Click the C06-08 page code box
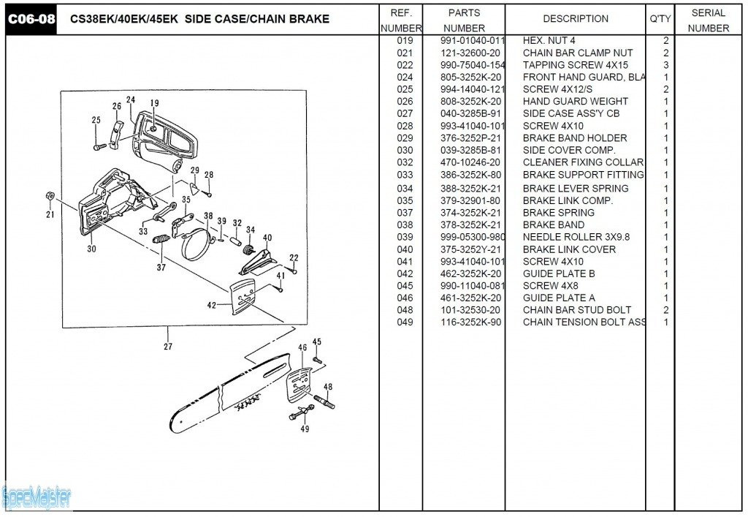[x=31, y=19]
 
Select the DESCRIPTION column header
[x=575, y=19]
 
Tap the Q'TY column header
[x=660, y=19]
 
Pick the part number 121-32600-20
[x=470, y=53]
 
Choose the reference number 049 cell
[x=405, y=322]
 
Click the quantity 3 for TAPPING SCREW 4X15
[x=665, y=65]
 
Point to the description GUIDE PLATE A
[x=559, y=298]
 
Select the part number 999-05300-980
[x=473, y=237]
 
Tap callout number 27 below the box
[x=168, y=347]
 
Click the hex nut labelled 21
[x=50, y=197]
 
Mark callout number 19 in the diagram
[x=154, y=104]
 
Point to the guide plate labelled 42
[x=242, y=298]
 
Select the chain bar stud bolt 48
[x=324, y=401]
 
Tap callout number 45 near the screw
[x=316, y=341]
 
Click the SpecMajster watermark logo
[x=37, y=497]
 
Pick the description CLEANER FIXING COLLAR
[x=582, y=162]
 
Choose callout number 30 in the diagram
[x=91, y=249]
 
